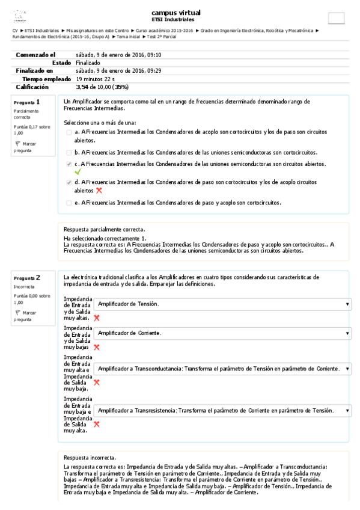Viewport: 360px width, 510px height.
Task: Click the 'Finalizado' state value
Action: (88, 63)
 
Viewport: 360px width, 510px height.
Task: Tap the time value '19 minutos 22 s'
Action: (95, 79)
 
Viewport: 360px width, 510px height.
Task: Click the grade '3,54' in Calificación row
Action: (82, 87)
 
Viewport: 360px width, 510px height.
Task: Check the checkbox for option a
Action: (69, 131)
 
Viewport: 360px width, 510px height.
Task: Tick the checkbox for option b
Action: (69, 153)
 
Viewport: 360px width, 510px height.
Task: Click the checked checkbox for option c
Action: (69, 164)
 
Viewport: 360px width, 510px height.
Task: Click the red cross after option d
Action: (99, 190)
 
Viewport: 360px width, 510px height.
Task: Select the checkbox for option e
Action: (69, 203)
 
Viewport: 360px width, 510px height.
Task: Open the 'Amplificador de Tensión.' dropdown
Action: (222, 305)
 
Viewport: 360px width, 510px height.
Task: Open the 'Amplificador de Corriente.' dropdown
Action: (222, 333)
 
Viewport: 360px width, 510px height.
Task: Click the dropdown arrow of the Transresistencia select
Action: (347, 411)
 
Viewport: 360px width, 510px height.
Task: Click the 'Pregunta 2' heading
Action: (27, 278)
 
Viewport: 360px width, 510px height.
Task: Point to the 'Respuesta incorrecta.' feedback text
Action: (90, 458)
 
